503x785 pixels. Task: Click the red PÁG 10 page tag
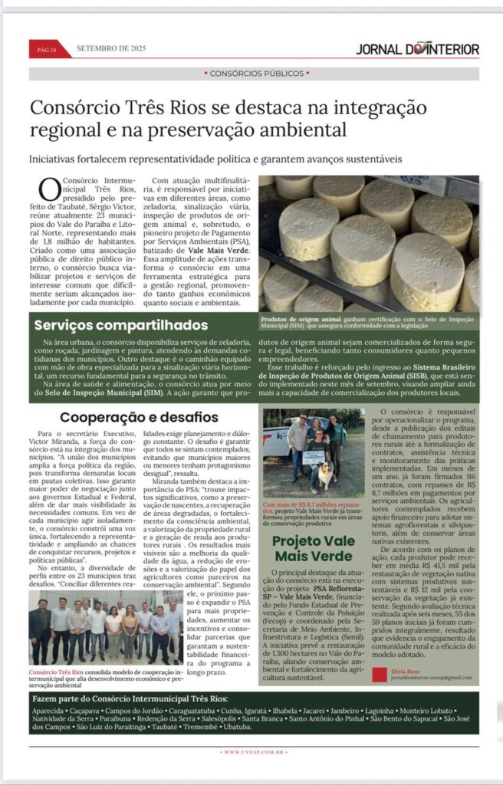tap(47, 50)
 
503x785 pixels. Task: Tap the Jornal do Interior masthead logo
tap(417, 50)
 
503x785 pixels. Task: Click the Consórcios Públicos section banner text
tap(256, 74)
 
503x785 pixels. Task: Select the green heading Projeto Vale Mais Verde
tap(314, 548)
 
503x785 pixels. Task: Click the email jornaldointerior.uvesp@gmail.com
tap(431, 678)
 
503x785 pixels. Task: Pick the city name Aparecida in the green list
tap(48, 711)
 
